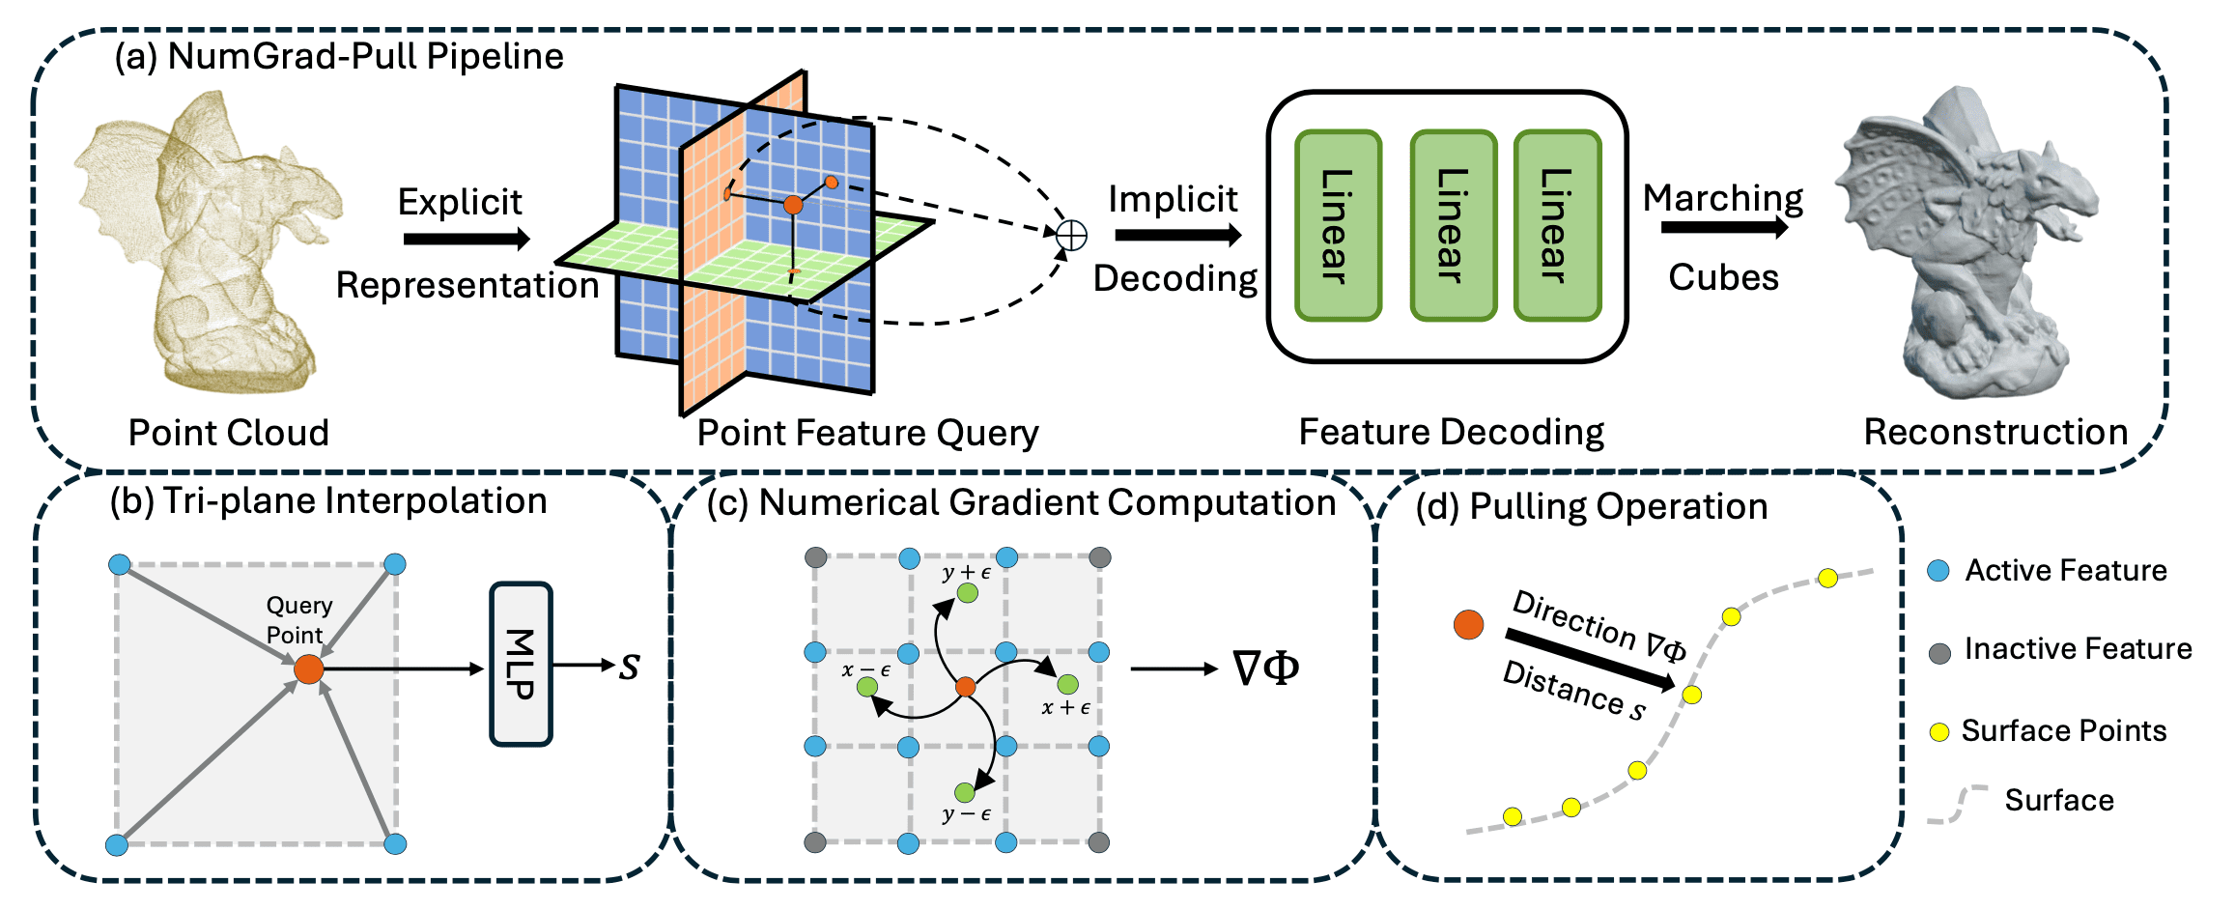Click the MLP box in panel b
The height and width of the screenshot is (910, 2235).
(521, 664)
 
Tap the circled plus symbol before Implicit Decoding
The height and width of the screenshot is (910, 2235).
(1071, 235)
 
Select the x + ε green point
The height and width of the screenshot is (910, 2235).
(1067, 685)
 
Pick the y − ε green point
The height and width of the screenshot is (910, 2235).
(965, 792)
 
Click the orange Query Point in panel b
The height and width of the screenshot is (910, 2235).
(309, 668)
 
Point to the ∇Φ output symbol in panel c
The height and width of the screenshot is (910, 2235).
(1266, 668)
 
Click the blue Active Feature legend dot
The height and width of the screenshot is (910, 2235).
(1938, 571)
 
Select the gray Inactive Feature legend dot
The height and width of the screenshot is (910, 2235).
(1939, 653)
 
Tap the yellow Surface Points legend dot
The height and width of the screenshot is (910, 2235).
(1938, 732)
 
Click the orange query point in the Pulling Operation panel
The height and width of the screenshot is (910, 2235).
(1468, 624)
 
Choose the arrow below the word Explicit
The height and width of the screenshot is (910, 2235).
(467, 239)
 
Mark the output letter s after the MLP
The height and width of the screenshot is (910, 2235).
(630, 667)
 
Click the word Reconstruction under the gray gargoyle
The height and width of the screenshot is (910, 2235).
(1995, 432)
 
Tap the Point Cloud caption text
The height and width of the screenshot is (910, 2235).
(229, 433)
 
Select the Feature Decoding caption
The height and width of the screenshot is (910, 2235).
(1451, 432)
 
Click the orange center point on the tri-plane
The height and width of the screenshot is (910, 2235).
(793, 205)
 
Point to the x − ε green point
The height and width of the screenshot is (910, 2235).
(867, 687)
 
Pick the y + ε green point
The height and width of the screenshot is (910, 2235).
(967, 592)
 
